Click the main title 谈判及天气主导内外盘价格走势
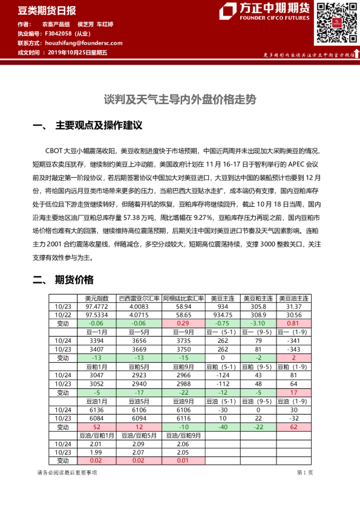click(x=180, y=98)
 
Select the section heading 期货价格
click(x=74, y=279)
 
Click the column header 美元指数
click(x=97, y=299)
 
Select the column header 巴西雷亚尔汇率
click(x=139, y=299)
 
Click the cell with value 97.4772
click(x=97, y=306)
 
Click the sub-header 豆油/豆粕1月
click(x=97, y=435)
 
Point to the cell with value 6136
click(x=97, y=410)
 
